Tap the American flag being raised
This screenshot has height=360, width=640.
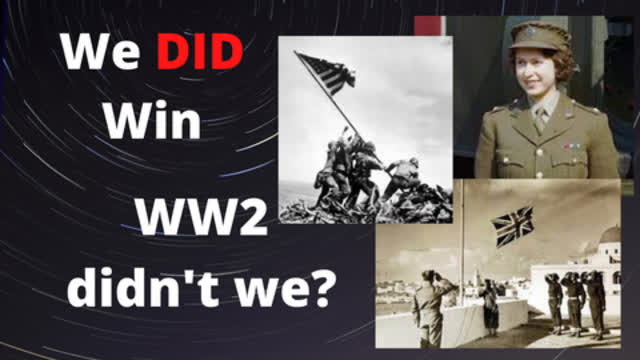pyautogui.click(x=325, y=72)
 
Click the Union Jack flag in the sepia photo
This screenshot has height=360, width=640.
pyautogui.click(x=512, y=224)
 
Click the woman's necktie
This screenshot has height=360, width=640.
pyautogui.click(x=539, y=120)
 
